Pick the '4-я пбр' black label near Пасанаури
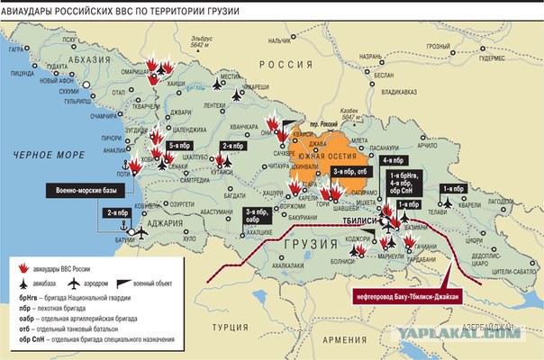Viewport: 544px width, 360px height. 394,161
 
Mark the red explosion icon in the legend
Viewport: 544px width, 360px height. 25,267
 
